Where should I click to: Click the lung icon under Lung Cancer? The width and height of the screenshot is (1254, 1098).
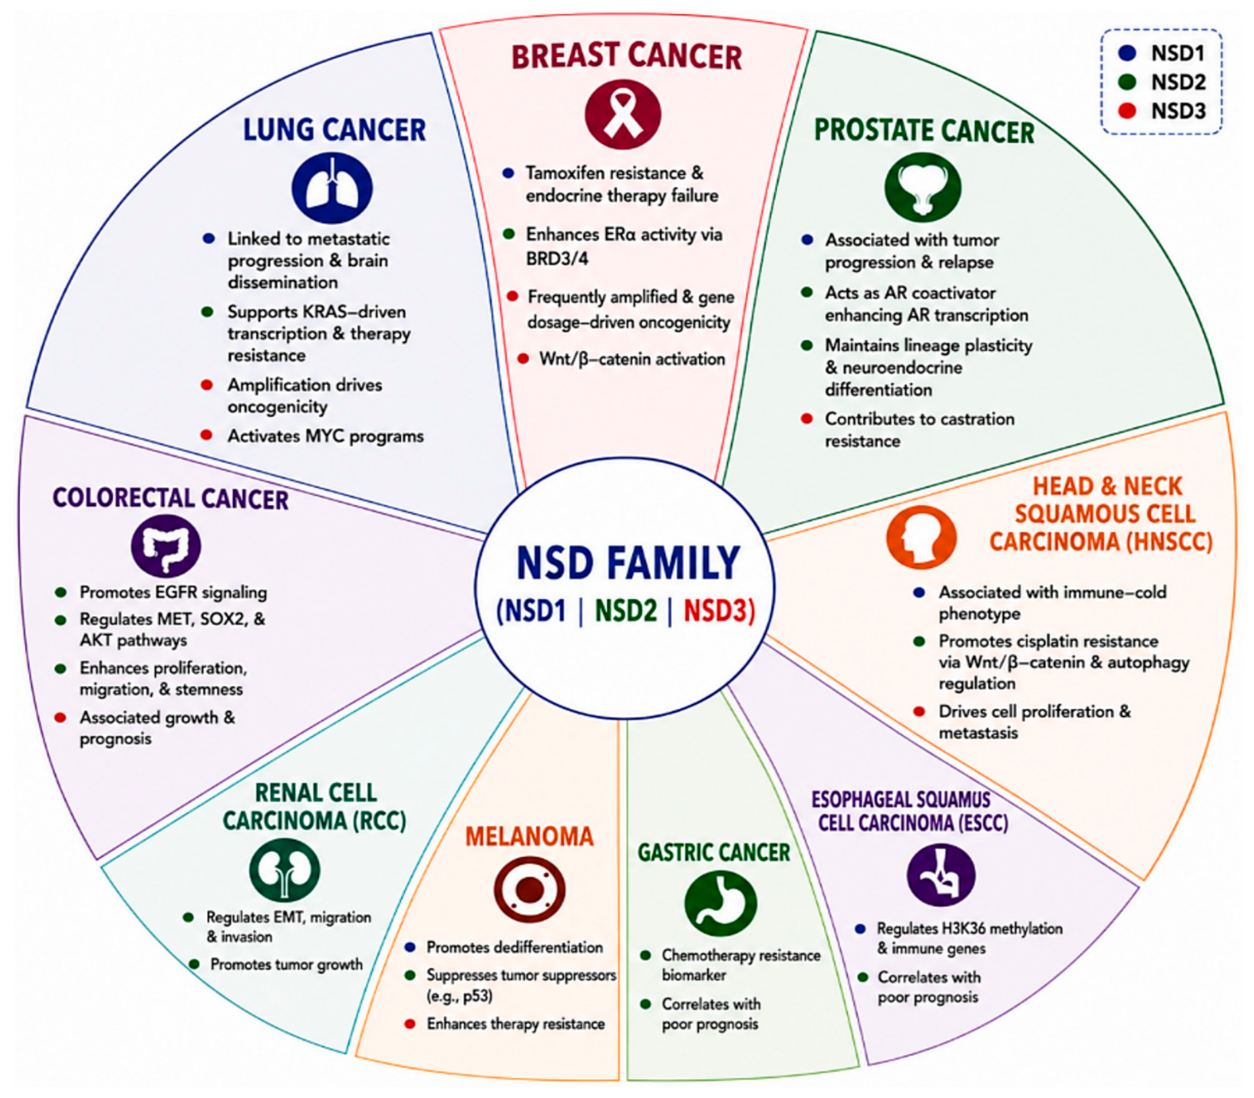coord(331,188)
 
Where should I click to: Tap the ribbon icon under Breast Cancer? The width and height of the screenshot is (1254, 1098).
coord(623,113)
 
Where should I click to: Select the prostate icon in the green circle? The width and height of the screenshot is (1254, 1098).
coord(922,186)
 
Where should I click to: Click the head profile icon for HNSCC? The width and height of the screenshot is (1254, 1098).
coord(921,537)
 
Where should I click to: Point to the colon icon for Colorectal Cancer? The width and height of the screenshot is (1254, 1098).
coord(165,546)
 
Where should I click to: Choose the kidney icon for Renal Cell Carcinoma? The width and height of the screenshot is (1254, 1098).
coord(285,870)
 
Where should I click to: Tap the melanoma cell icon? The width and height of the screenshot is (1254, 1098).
coord(529,889)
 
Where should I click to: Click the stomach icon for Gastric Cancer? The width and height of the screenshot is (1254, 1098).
coord(720,903)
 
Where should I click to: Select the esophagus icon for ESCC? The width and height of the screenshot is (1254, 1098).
coord(940,875)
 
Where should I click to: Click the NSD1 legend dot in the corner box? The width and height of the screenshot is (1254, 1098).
coord(1127,52)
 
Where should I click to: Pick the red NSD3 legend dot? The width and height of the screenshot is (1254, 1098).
coord(1127,110)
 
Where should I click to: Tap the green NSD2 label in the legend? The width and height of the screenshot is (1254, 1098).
coord(1178,82)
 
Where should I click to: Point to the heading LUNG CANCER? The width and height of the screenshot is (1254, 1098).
coord(335,129)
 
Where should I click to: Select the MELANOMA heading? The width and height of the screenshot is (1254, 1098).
coord(529,836)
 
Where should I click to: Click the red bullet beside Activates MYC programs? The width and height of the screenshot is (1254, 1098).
coord(207,435)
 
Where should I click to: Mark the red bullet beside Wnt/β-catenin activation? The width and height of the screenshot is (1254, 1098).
coord(523,359)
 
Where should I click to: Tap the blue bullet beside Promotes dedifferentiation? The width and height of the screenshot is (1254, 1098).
coord(410,947)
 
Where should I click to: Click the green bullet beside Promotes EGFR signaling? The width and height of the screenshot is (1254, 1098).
coord(61,592)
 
